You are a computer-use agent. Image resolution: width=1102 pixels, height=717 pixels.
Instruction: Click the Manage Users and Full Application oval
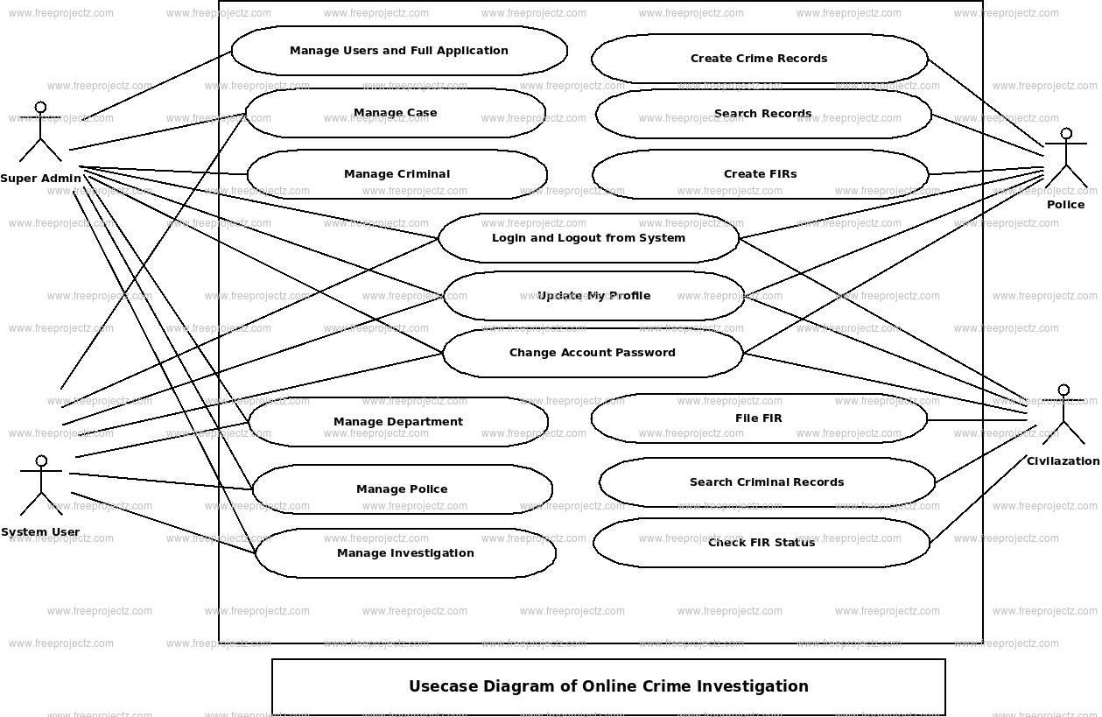click(399, 51)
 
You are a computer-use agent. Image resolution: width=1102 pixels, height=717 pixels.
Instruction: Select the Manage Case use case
click(395, 113)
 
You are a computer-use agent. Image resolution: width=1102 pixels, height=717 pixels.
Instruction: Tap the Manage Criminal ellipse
click(397, 174)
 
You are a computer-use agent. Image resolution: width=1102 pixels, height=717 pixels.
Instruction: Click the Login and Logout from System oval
click(588, 238)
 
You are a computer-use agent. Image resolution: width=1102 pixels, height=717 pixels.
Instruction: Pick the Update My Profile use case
click(593, 296)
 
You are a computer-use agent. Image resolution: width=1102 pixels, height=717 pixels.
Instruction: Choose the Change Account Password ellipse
click(593, 353)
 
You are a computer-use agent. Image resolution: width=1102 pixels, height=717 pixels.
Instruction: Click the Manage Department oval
click(398, 422)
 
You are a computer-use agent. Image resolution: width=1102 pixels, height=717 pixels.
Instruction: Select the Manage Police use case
click(402, 489)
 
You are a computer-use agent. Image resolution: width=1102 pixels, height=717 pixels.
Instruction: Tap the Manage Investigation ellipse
click(405, 553)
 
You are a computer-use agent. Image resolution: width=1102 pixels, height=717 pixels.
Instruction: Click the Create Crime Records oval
click(759, 59)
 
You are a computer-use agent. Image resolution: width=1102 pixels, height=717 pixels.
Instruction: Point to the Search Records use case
click(762, 114)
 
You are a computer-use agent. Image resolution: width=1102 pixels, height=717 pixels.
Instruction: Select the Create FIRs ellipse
click(760, 174)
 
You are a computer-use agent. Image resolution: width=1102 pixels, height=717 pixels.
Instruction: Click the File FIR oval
click(758, 418)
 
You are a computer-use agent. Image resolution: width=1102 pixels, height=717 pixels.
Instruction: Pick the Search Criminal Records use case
click(767, 482)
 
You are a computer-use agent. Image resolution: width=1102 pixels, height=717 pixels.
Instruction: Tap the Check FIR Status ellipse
click(761, 543)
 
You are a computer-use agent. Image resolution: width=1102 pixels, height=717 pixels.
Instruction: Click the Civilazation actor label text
click(1063, 461)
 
